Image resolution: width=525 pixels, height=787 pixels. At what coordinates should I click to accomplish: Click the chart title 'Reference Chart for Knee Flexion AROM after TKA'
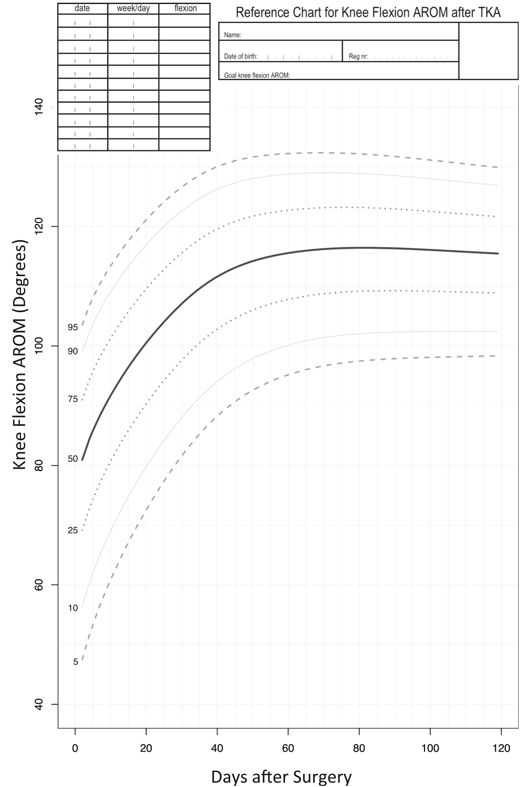pos(368,12)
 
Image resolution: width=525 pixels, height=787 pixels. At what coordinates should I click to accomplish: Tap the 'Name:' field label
pos(232,35)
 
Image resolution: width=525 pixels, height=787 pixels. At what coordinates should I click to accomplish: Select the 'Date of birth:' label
pos(240,57)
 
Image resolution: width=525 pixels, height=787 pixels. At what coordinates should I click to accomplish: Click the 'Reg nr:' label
pos(358,57)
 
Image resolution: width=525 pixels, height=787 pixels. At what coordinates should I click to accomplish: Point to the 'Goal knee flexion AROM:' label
pos(257,76)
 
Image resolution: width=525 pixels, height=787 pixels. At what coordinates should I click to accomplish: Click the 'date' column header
pos(82,8)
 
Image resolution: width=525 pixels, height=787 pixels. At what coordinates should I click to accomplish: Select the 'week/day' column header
pos(133,8)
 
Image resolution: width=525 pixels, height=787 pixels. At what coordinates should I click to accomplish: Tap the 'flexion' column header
pos(185,8)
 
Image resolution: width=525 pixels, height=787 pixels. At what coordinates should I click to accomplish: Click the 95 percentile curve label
pos(73,327)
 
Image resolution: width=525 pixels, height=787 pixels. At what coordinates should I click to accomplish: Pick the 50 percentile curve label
pos(73,459)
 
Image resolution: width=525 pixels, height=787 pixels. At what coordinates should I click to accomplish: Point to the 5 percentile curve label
pos(75,662)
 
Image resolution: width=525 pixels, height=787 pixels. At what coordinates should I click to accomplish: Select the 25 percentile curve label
pos(73,530)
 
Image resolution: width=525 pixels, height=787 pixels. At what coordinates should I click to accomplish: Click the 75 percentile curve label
pos(73,399)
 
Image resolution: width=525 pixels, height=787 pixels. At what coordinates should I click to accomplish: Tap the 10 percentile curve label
pos(73,608)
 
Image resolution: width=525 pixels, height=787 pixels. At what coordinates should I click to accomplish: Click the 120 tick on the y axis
pos(39,226)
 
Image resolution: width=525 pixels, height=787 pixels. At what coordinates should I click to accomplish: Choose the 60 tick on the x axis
pos(288,748)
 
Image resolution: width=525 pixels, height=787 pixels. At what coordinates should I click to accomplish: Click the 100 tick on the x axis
pos(430,748)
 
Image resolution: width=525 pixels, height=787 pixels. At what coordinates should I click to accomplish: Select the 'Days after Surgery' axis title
pos(281,777)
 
